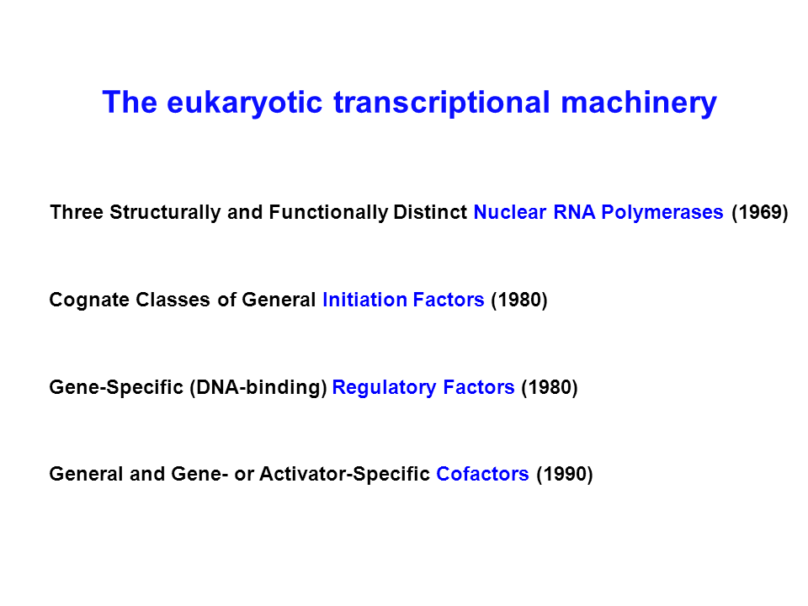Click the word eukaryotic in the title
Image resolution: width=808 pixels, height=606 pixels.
245,103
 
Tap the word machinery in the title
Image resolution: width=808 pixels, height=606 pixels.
639,103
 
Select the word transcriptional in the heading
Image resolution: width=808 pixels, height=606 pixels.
442,103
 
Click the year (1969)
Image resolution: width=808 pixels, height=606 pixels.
760,212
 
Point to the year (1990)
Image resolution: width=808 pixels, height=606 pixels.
565,474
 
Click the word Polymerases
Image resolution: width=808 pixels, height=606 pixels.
662,212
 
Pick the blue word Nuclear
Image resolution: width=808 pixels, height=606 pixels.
510,212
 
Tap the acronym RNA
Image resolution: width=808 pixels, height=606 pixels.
574,212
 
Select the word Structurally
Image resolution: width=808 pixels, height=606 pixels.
165,212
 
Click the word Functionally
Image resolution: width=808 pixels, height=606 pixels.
328,212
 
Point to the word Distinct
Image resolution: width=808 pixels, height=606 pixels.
430,212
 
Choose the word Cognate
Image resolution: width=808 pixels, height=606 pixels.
89,300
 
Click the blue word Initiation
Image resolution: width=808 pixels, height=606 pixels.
364,300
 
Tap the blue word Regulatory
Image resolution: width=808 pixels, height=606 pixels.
384,387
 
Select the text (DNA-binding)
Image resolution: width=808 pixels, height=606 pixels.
258,387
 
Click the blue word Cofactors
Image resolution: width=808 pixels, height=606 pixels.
482,474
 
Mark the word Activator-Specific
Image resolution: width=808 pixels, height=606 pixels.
344,474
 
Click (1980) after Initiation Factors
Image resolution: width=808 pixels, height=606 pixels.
519,300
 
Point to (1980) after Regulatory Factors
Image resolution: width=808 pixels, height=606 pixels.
550,387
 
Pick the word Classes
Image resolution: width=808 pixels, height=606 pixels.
173,300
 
